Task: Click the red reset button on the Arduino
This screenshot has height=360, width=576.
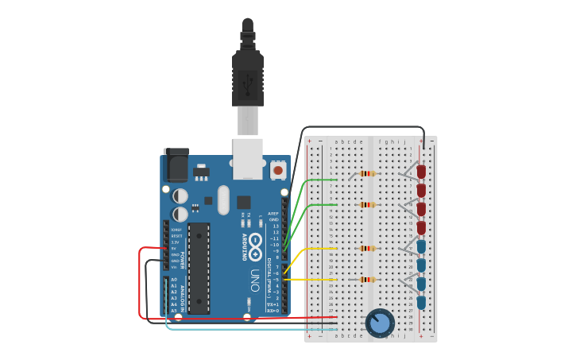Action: pos(277,170)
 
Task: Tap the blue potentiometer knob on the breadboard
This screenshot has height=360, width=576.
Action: pos(380,323)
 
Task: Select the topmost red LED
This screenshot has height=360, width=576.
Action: pos(421,172)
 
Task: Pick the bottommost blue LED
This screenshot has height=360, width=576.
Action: pos(421,302)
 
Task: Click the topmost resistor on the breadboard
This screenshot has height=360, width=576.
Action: pos(366,173)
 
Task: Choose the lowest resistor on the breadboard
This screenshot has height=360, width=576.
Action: pos(366,280)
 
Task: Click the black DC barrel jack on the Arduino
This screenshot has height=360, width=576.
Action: pos(176,166)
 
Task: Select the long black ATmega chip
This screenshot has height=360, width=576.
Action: pos(198,268)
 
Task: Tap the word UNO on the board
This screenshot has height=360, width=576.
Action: pos(255,280)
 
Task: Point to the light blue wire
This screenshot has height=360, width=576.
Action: pos(238,328)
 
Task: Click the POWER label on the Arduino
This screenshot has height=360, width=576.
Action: pos(182,260)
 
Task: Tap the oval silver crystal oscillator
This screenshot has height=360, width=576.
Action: pos(223,199)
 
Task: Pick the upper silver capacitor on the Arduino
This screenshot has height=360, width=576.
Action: pos(181,195)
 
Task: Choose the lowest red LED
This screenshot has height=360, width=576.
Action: pos(421,229)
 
